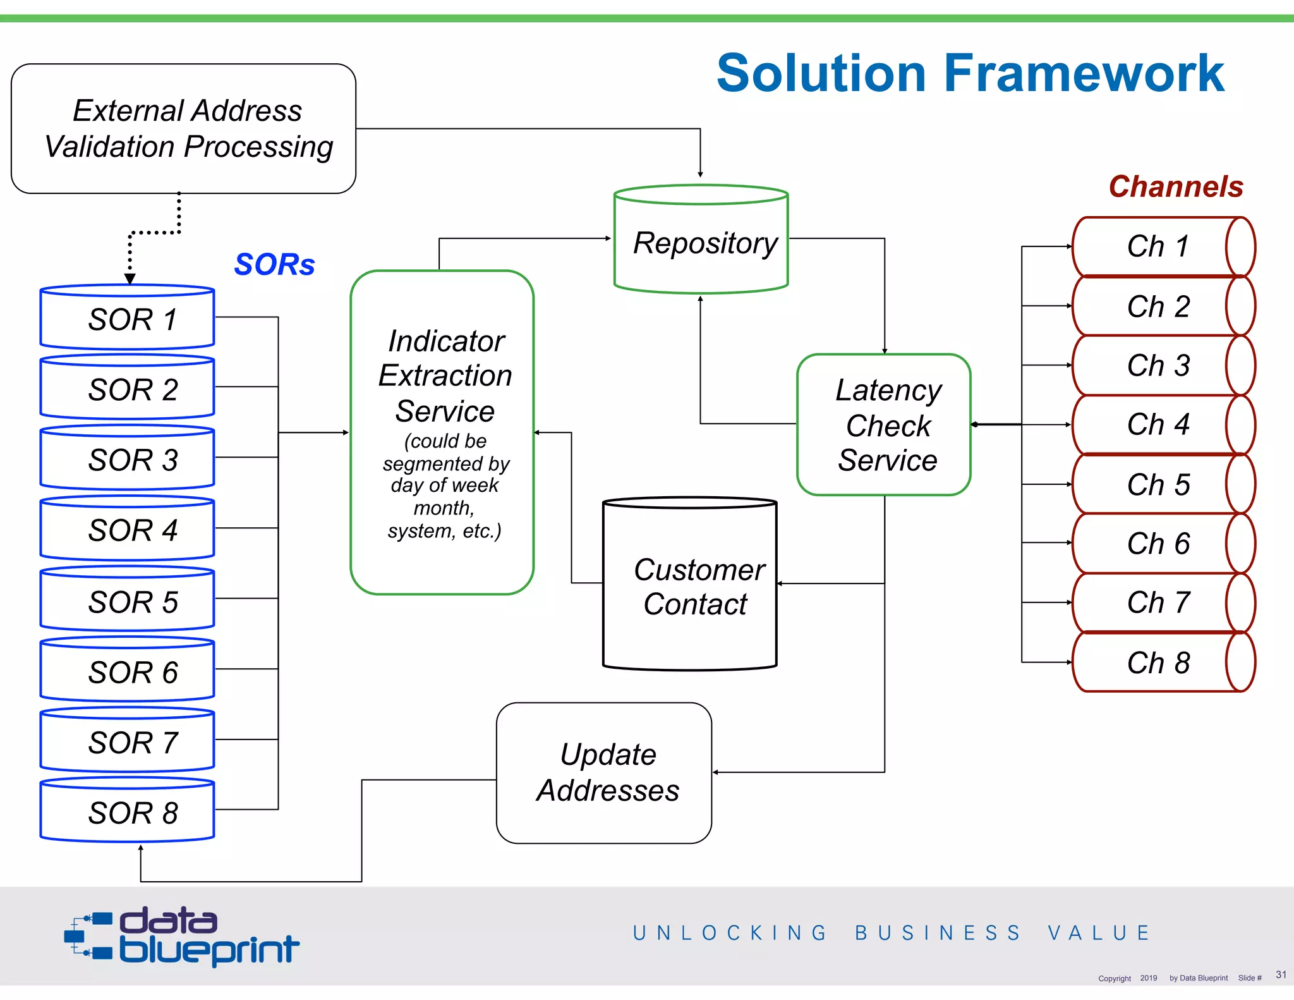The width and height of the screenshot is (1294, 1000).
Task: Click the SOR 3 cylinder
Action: click(128, 459)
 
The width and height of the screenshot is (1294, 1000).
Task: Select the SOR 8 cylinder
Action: click(128, 811)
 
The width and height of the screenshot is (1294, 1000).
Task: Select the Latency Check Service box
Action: click(884, 425)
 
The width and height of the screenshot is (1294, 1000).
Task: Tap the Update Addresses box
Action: click(605, 772)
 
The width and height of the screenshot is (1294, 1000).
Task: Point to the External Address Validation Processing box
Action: click(184, 129)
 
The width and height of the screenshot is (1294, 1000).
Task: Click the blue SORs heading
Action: click(274, 264)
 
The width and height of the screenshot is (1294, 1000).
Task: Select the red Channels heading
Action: click(1176, 186)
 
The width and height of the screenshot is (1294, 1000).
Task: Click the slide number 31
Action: click(1281, 974)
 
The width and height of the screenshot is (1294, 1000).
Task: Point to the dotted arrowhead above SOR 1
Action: click(130, 279)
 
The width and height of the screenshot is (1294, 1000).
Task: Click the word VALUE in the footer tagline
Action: click(1099, 933)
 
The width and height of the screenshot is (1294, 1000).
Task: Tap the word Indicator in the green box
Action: click(446, 341)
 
